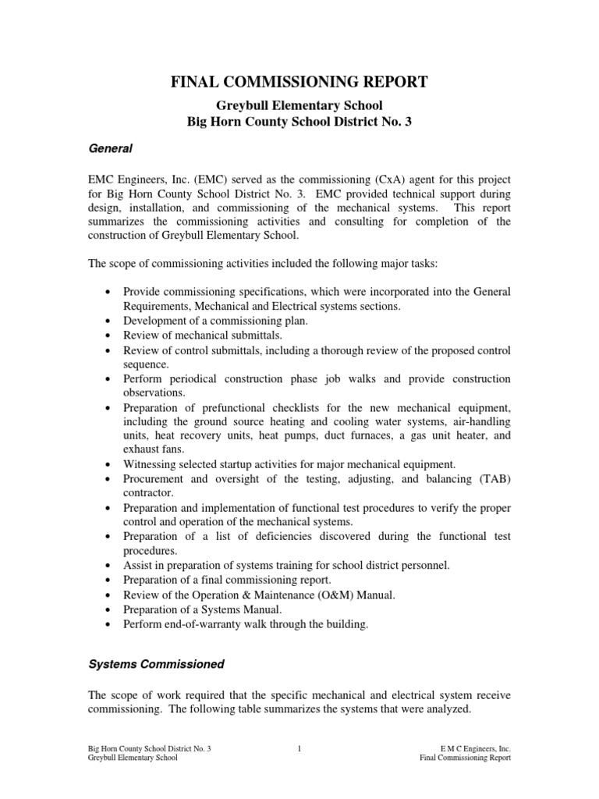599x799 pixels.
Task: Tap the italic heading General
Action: [x=110, y=147]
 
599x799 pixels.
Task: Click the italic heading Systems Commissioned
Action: [x=156, y=664]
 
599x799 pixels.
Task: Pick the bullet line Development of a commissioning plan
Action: [x=214, y=321]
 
